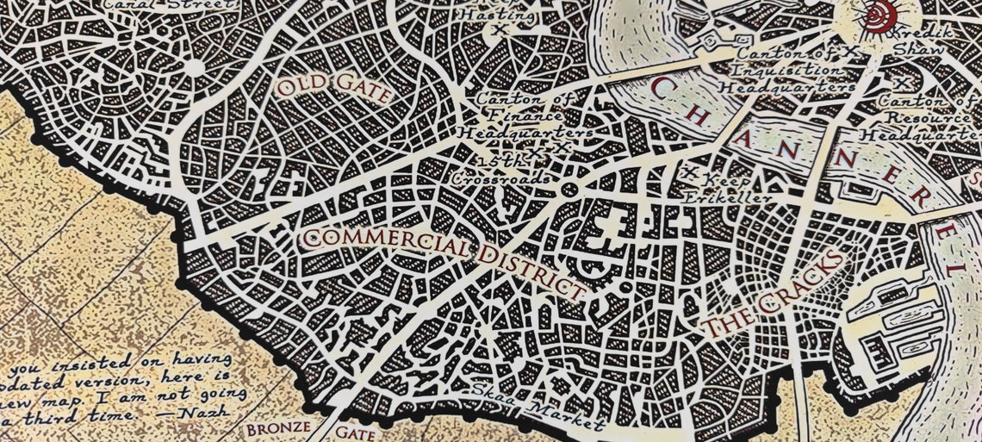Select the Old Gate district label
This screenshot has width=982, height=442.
point(333,89)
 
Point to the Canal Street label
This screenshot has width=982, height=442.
point(167,5)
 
